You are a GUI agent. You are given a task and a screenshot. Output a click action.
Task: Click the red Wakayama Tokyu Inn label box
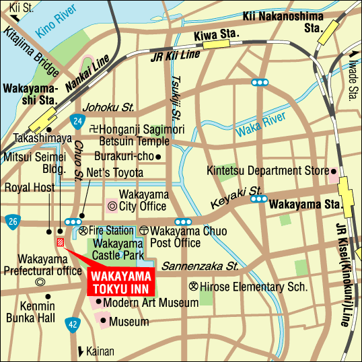tap(121, 281)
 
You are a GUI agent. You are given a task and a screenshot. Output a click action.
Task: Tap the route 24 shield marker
tap(77, 121)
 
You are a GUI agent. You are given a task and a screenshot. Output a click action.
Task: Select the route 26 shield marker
tap(12, 220)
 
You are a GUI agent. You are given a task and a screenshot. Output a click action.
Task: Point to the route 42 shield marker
tap(71, 325)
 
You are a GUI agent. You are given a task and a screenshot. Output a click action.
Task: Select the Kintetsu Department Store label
tap(266, 171)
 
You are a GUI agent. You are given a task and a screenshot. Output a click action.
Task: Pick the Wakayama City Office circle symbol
tap(112, 205)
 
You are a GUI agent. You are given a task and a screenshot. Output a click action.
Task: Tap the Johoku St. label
tap(109, 107)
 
